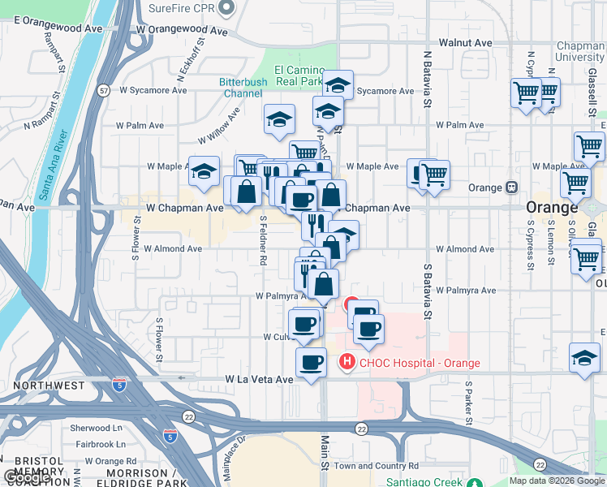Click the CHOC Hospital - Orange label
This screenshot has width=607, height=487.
pos(420,363)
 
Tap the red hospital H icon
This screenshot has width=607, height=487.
pos(347,362)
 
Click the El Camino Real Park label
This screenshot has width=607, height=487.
pos(299,76)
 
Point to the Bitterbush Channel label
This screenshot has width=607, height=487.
pos(252,88)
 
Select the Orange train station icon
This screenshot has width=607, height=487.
pos(511,187)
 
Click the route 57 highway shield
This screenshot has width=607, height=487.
pos(104,90)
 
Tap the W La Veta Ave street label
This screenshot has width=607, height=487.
pos(259,379)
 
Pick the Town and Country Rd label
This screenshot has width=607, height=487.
pos(376,466)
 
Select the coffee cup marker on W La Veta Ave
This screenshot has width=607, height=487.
pos(311,363)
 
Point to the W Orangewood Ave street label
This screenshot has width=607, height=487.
pos(183,29)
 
